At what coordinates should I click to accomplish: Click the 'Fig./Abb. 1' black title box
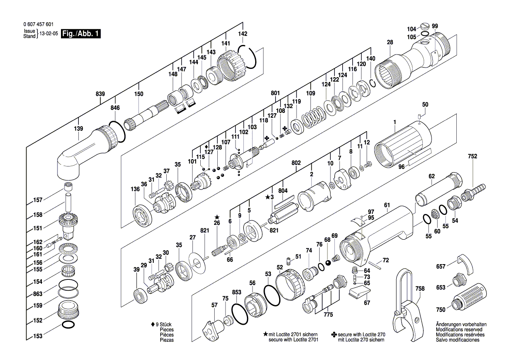[x=81, y=34]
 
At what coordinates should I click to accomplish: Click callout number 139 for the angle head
[x=78, y=129]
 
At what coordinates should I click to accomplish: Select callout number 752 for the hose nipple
[x=472, y=156]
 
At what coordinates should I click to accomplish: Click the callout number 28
[x=390, y=42]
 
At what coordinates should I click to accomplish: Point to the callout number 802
[x=296, y=163]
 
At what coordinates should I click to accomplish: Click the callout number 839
[x=101, y=94]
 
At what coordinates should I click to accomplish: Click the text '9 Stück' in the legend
[x=162, y=325]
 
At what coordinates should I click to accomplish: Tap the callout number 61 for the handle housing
[x=387, y=205]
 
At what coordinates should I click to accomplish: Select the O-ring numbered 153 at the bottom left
[x=68, y=325]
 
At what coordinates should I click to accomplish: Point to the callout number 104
[x=411, y=29]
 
